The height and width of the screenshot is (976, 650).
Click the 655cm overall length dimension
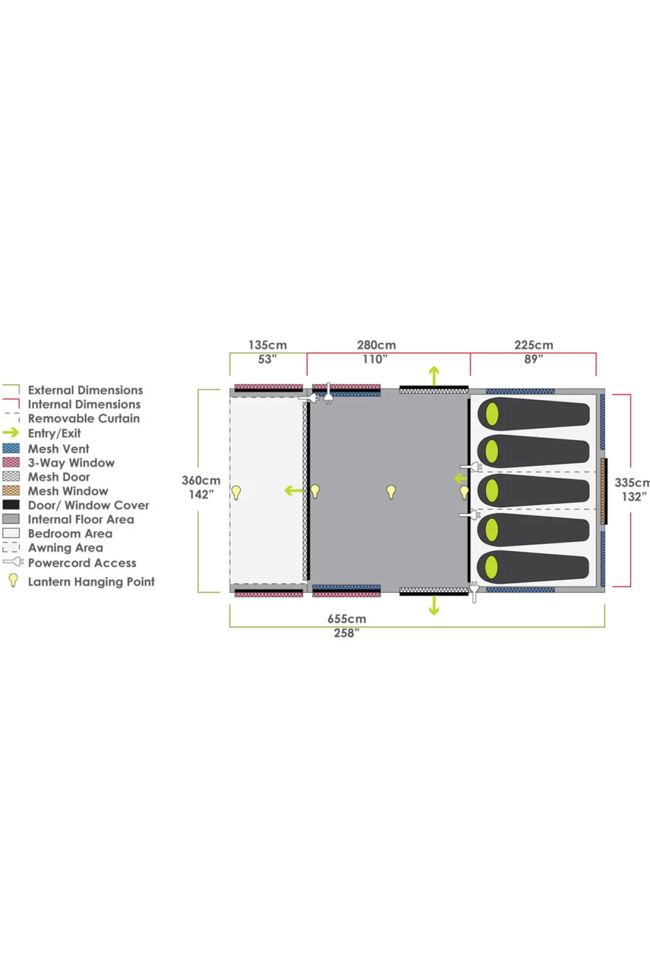(347, 619)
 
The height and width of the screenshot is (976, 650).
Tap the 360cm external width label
(201, 480)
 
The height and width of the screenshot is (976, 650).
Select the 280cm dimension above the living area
(376, 345)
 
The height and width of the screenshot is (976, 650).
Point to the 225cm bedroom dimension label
(534, 345)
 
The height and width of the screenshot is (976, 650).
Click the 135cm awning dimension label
(267, 345)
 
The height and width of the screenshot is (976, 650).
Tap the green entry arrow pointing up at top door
(434, 375)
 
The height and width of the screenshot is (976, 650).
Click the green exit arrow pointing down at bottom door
(434, 606)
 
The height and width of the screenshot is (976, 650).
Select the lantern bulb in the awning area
(236, 492)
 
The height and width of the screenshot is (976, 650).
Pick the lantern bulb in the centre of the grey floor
(391, 491)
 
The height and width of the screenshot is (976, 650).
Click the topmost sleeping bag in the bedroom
(534, 414)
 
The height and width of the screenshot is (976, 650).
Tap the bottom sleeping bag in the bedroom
(534, 567)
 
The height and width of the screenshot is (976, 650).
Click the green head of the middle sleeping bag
(492, 490)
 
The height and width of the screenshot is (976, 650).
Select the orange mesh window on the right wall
(603, 491)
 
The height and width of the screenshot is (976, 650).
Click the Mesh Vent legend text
(58, 449)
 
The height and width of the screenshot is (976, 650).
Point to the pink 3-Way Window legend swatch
(11, 462)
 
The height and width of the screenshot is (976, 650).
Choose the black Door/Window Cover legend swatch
(11, 504)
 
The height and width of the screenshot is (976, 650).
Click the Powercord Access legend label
(82, 563)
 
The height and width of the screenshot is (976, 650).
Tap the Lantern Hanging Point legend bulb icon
(13, 580)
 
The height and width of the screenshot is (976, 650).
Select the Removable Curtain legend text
(84, 418)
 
